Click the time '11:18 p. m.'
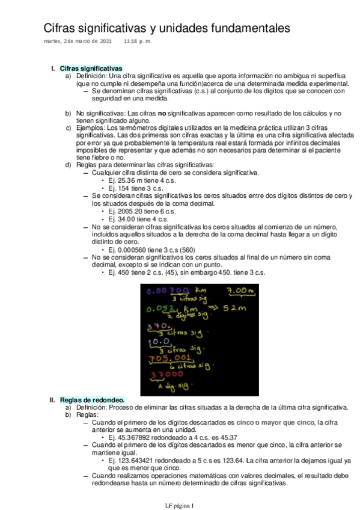click(x=138, y=41)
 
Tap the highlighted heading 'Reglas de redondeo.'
click(x=93, y=399)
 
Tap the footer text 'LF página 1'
click(x=180, y=505)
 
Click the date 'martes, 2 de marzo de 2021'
click(x=78, y=41)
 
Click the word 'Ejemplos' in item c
click(x=90, y=128)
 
